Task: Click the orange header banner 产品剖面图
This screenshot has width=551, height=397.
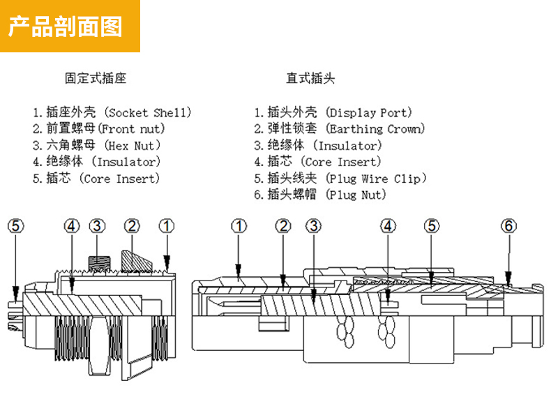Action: [x=70, y=26]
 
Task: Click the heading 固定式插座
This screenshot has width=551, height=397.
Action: [x=96, y=78]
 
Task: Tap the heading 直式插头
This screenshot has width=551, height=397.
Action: [x=310, y=78]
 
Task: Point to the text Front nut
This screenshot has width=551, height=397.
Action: [x=133, y=128]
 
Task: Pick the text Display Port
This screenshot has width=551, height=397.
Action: [x=370, y=112]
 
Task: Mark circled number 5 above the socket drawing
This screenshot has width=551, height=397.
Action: [x=15, y=226]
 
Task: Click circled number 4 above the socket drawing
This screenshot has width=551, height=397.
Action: [x=73, y=226]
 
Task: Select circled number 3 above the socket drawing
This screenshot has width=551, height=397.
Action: [x=97, y=226]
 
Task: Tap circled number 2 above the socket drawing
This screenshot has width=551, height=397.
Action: [x=132, y=226]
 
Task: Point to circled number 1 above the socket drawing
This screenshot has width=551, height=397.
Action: [x=166, y=226]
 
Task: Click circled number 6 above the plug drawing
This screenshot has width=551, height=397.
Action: [x=509, y=226]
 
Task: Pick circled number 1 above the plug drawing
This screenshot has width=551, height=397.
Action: [x=239, y=226]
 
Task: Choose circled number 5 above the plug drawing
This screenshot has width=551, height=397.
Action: [x=432, y=226]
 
